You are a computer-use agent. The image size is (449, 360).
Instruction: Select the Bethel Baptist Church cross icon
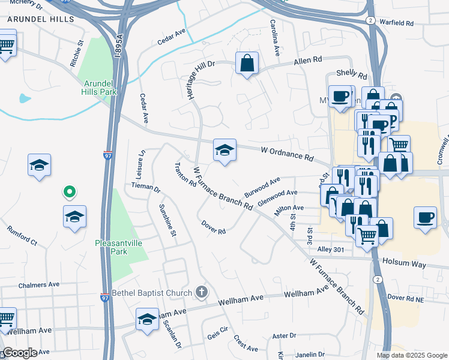[x=202, y=293]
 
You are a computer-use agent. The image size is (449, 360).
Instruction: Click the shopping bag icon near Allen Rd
[x=247, y=62]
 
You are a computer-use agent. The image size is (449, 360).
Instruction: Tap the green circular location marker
[x=70, y=192]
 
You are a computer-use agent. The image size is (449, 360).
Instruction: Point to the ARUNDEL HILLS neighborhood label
[x=40, y=19]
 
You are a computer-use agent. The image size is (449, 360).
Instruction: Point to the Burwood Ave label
[x=262, y=187]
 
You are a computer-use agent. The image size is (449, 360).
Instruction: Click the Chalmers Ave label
[x=39, y=285]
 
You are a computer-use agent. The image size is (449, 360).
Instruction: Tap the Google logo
[x=20, y=352]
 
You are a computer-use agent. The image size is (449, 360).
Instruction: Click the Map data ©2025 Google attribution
[x=411, y=355]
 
